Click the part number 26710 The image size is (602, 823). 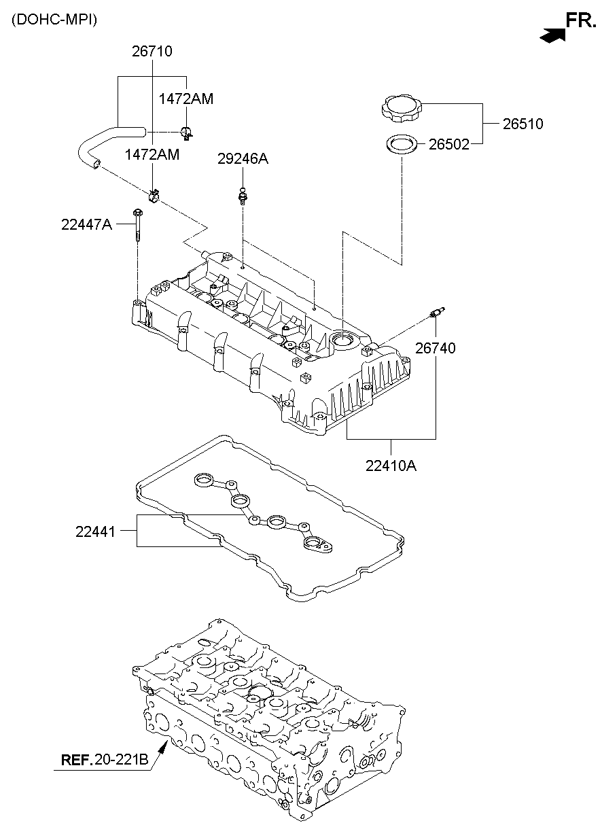152,51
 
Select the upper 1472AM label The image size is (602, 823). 185,99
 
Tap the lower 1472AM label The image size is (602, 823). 152,154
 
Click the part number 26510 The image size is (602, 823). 523,124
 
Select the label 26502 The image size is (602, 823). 448,144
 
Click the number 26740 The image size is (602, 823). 435,348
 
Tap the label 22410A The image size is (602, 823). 391,466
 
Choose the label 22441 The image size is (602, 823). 98,531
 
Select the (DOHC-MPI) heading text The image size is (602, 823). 54,20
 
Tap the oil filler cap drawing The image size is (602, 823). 402,108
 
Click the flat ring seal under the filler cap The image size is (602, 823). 402,144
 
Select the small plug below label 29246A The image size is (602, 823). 242,196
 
